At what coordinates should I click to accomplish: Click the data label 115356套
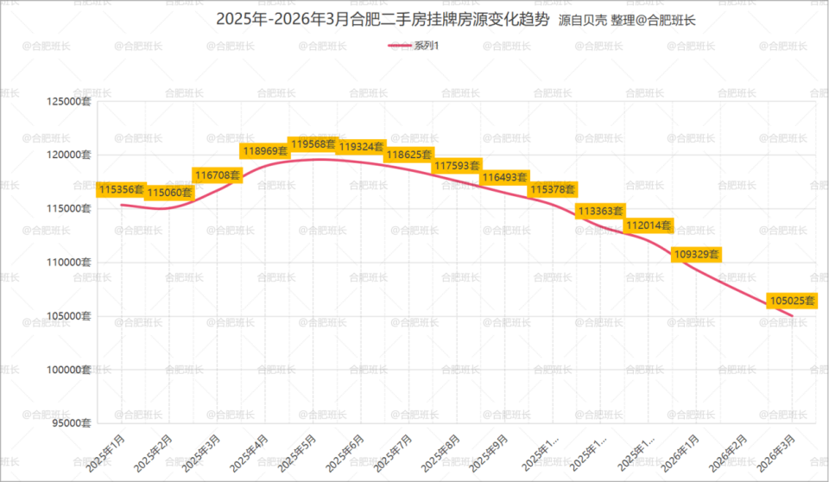point(122,189)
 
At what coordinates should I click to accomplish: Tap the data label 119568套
point(313,144)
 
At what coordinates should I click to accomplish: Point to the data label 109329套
point(696,255)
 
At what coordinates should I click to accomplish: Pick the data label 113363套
point(600,211)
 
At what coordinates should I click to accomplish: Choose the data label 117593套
point(457,165)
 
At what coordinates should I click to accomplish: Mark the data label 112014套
point(649,225)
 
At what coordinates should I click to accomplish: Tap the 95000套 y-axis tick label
point(70,423)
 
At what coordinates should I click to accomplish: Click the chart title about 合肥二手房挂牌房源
point(381,19)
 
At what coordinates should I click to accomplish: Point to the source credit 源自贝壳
point(583,20)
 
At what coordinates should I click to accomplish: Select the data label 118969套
point(265,151)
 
